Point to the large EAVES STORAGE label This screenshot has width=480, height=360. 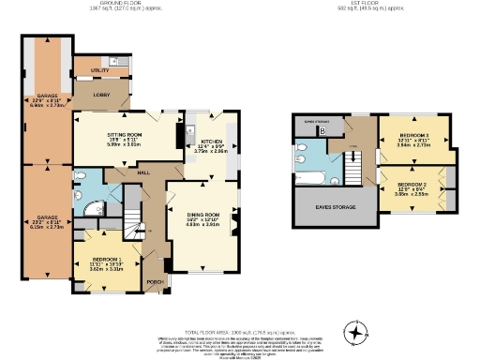coord(335,206)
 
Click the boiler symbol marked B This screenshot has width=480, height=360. coord(323,131)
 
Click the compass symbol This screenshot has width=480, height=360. coord(355,332)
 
